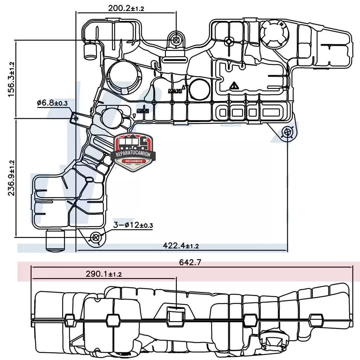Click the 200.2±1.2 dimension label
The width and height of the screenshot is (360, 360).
126,8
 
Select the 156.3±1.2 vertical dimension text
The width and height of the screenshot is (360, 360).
11,79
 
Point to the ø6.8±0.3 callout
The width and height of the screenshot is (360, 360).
52,103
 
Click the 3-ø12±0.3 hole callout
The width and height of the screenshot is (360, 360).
133,225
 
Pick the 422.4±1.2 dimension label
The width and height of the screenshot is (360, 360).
181,246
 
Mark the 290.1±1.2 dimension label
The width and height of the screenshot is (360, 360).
104,274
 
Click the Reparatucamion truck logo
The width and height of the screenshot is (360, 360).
133,152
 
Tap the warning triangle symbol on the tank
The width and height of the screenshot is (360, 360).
233,85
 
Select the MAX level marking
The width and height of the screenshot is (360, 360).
175,91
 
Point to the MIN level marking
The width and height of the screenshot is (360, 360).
143,111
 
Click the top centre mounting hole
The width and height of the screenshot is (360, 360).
176,40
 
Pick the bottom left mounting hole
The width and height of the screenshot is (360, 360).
96,238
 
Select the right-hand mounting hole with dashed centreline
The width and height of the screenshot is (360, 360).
288,133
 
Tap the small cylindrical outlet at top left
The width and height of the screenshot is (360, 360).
91,50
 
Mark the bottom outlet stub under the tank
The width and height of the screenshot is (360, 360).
56,240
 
